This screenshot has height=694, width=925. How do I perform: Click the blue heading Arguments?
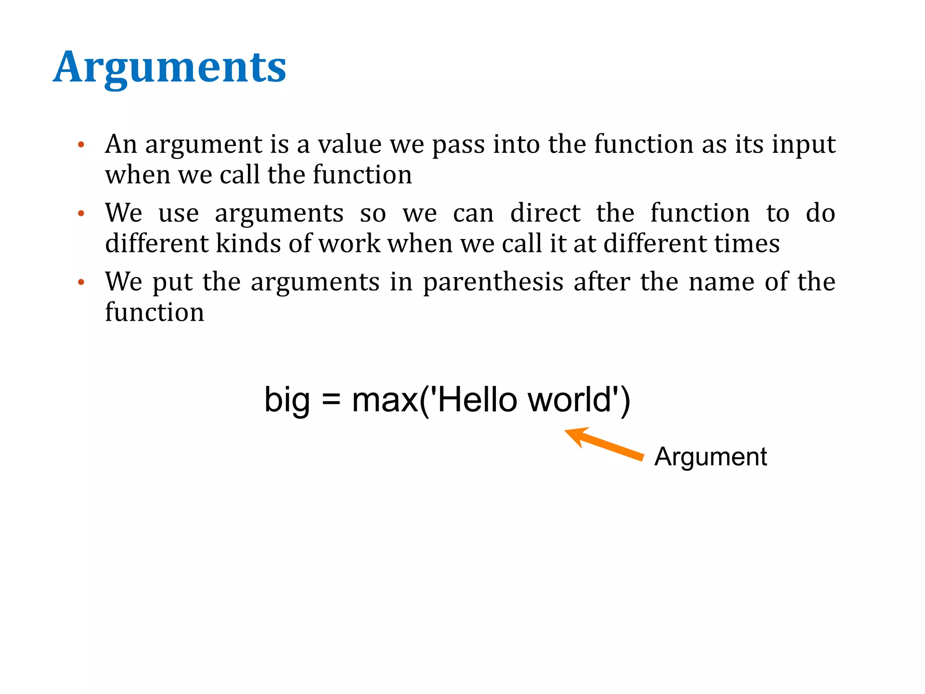pyautogui.click(x=169, y=68)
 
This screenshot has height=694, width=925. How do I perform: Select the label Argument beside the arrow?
pyautogui.click(x=710, y=456)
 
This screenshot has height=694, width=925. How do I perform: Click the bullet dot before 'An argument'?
pyautogui.click(x=81, y=145)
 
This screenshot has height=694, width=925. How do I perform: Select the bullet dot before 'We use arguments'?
pyautogui.click(x=81, y=213)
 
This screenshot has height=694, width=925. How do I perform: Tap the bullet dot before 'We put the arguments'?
pyautogui.click(x=81, y=282)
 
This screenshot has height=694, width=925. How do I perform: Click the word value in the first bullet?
pyautogui.click(x=350, y=145)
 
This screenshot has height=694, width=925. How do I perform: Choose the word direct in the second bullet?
pyautogui.click(x=545, y=213)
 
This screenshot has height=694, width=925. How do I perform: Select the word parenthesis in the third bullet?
pyautogui.click(x=493, y=283)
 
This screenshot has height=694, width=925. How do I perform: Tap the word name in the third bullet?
pyautogui.click(x=721, y=282)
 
